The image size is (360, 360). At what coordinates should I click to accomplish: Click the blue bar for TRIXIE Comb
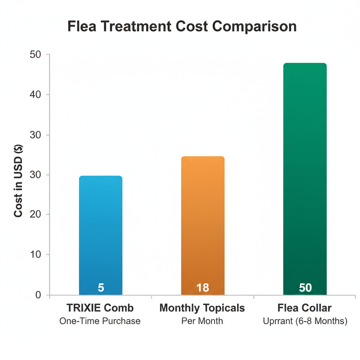click(x=101, y=232)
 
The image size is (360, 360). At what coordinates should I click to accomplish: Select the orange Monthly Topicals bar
click(x=202, y=221)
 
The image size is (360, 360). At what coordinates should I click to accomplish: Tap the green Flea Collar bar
click(x=305, y=176)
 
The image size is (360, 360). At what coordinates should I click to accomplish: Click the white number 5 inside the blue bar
click(x=101, y=288)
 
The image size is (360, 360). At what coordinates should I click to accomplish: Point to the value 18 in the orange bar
click(x=202, y=288)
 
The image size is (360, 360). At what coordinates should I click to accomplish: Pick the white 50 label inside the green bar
click(x=305, y=288)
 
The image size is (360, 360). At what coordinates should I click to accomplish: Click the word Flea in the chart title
click(x=81, y=27)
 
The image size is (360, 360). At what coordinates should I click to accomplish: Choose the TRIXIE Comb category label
click(x=100, y=308)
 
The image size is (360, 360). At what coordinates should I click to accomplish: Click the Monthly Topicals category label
click(x=202, y=308)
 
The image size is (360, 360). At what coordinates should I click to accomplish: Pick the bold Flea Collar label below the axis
click(x=304, y=308)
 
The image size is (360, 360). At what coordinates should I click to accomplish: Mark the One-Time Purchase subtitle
click(x=100, y=321)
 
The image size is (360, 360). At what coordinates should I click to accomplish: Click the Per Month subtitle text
click(x=202, y=321)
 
